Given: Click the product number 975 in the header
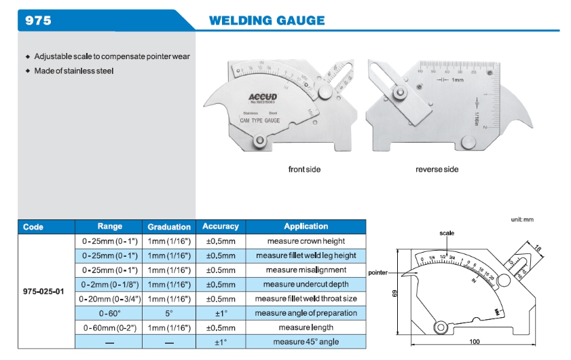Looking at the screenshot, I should tap(38, 20).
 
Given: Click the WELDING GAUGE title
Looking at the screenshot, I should tap(266, 20).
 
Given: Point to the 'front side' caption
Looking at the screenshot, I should tap(304, 169).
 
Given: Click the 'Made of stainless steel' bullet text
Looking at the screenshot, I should tap(74, 71).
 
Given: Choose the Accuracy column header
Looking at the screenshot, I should tap(221, 226).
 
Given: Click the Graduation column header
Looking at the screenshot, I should tap(169, 226).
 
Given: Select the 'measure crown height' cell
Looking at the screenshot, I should tap(306, 241).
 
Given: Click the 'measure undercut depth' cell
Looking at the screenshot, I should tap(306, 284).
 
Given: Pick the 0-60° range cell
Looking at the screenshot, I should tap(110, 313).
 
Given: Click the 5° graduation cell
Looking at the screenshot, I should tap(169, 313).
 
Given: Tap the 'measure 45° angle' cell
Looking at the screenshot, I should tap(306, 342).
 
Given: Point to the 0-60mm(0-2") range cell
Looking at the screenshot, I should tap(110, 327).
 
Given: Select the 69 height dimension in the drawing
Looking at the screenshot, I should tap(394, 293).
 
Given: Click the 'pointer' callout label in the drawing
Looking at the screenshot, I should tap(377, 272).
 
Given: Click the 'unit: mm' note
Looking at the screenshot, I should tap(522, 219).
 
